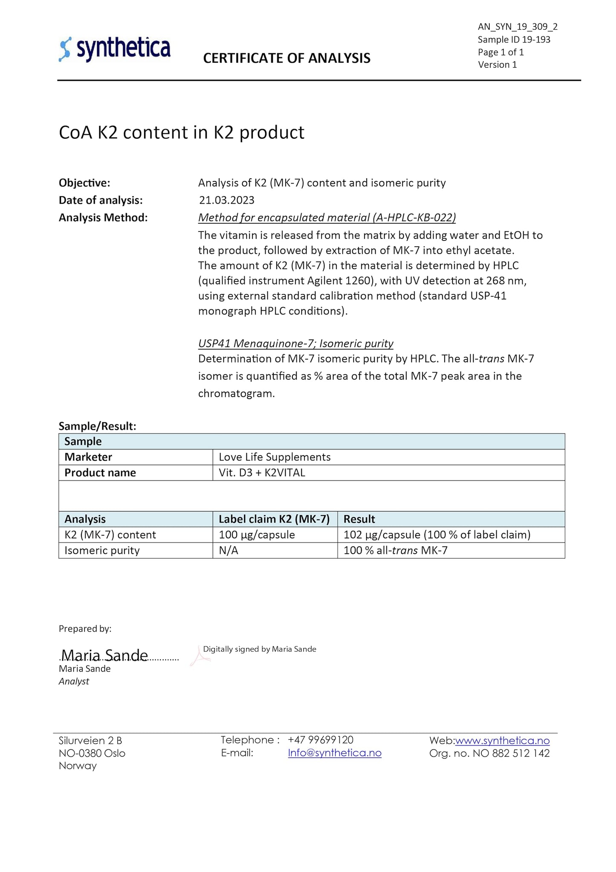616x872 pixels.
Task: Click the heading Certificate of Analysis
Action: pyautogui.click(x=286, y=58)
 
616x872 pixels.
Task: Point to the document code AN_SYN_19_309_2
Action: pyautogui.click(x=518, y=27)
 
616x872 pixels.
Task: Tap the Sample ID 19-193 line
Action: pyautogui.click(x=514, y=40)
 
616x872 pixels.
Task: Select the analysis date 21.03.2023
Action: pyautogui.click(x=226, y=200)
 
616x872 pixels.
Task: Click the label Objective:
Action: pyautogui.click(x=84, y=183)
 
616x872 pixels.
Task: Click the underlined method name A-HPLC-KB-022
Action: pyautogui.click(x=327, y=217)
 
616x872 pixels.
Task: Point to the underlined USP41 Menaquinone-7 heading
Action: pyautogui.click(x=295, y=343)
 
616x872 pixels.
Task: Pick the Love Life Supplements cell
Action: pyautogui.click(x=275, y=457)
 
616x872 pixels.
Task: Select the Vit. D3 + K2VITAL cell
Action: pyautogui.click(x=262, y=473)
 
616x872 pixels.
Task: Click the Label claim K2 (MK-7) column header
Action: pyautogui.click(x=274, y=519)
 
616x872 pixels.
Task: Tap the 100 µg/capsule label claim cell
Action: pyautogui.click(x=257, y=535)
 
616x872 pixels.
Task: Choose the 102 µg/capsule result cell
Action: pyautogui.click(x=437, y=535)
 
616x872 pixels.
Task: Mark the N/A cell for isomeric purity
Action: pyautogui.click(x=228, y=551)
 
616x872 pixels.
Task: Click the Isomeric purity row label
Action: pyautogui.click(x=102, y=551)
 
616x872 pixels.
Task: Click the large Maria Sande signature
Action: pyautogui.click(x=104, y=655)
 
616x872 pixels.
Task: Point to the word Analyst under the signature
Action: pyautogui.click(x=74, y=681)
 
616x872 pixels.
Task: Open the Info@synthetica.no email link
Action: pyautogui.click(x=335, y=753)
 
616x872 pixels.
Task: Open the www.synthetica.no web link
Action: pyautogui.click(x=502, y=741)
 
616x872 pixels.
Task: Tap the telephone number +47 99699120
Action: pyautogui.click(x=321, y=740)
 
